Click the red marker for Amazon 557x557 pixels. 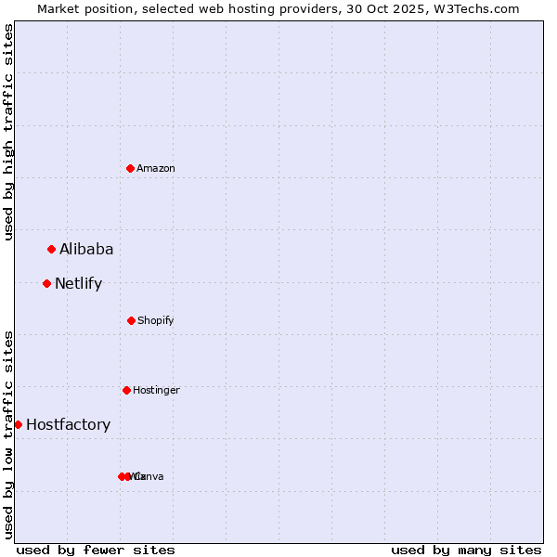pos(131,168)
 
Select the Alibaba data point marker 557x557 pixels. pos(52,249)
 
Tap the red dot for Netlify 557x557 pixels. pos(47,283)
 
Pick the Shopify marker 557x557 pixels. pos(131,320)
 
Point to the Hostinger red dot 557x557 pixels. pos(126,390)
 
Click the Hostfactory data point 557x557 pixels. pos(18,424)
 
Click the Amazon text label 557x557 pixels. pos(156,168)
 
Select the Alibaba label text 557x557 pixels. pos(86,249)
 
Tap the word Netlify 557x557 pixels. pos(78,283)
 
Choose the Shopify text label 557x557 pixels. pos(156,320)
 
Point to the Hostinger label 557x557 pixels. pos(156,390)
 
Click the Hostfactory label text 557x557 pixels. pos(68,424)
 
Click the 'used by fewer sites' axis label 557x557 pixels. pos(96,550)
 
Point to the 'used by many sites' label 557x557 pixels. pos(466,550)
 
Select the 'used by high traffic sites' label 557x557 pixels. pos(9,132)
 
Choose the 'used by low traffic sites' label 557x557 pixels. pos(9,434)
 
